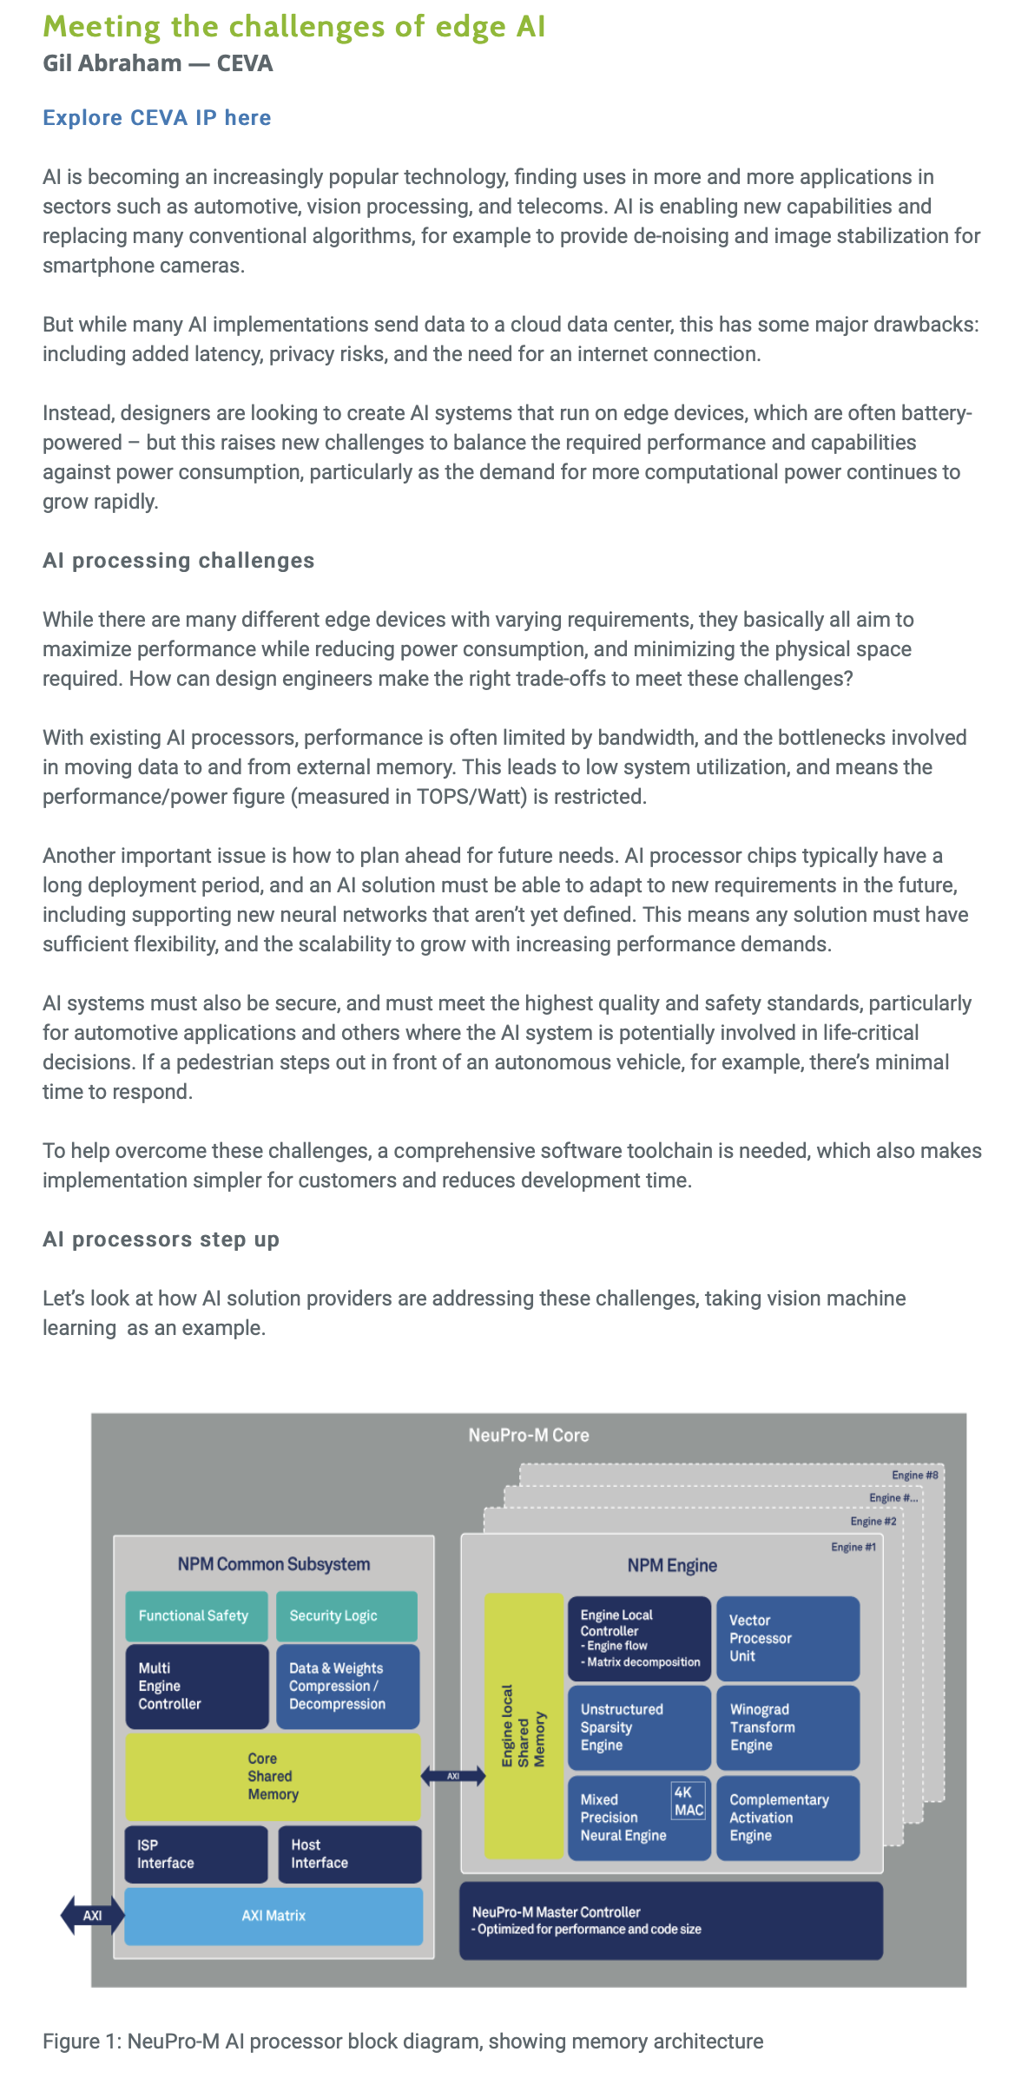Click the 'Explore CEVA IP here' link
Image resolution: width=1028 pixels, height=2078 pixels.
click(157, 118)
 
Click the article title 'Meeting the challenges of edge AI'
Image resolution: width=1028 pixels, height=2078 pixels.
click(294, 27)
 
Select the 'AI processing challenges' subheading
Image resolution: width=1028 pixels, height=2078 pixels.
click(178, 561)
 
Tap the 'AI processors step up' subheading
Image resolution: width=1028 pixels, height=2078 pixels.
click(161, 1240)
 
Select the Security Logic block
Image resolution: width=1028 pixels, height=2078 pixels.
click(346, 1615)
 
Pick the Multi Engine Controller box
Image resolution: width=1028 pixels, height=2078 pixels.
click(196, 1686)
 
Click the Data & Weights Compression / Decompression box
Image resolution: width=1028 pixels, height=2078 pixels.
click(347, 1686)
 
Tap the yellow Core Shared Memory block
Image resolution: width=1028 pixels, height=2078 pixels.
click(273, 1776)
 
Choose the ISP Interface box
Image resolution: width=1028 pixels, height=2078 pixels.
click(196, 1854)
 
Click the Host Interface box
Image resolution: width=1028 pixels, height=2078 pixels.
click(349, 1854)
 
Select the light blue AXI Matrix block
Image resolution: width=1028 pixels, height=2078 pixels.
click(273, 1916)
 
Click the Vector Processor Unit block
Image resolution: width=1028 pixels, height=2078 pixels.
click(787, 1638)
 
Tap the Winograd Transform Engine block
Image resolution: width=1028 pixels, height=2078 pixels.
click(787, 1727)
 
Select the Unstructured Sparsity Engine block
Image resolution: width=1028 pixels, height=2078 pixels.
click(639, 1727)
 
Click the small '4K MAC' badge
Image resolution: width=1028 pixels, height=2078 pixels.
click(689, 1801)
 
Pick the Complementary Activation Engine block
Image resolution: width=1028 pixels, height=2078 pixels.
click(787, 1818)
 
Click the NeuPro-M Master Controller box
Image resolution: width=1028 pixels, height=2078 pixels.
click(670, 1920)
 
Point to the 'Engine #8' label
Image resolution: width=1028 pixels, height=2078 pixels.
click(914, 1475)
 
